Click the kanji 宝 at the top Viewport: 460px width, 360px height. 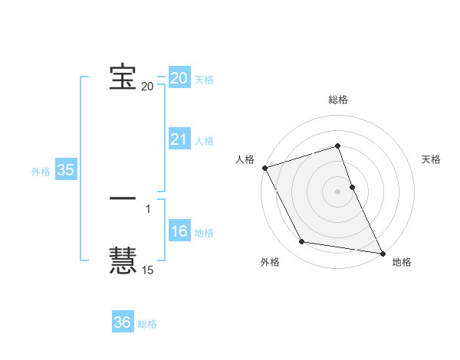[123, 77]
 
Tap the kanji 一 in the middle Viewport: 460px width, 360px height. [123, 198]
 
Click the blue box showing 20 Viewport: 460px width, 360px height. [179, 78]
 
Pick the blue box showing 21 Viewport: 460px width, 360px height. [179, 139]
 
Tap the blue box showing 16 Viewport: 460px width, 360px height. [179, 232]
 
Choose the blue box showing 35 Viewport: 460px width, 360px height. [66, 171]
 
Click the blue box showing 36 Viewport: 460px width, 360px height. [123, 322]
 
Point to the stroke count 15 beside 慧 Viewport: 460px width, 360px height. [147, 270]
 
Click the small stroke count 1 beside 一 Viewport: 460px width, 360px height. [148, 208]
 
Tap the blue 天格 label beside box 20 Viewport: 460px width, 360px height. [204, 80]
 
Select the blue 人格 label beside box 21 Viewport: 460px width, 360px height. [204, 141]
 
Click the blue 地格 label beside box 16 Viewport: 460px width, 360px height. [204, 233]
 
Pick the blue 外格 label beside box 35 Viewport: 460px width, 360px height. [41, 172]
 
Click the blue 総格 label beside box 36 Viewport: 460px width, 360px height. [147, 324]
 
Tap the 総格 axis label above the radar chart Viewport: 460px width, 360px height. [338, 100]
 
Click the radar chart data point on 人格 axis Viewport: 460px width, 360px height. [264, 168]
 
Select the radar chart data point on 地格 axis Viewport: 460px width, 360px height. [381, 252]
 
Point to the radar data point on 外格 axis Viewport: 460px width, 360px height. [302, 242]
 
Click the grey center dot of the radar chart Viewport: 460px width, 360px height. [338, 191]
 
